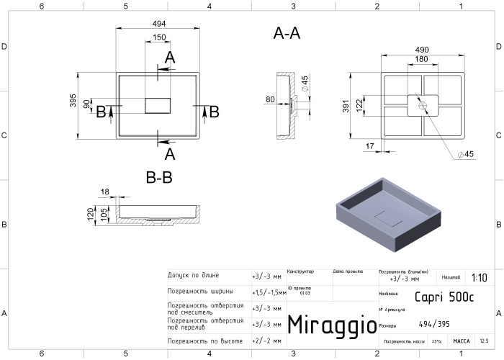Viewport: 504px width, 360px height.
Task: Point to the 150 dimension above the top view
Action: (x=159, y=37)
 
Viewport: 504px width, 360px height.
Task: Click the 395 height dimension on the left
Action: (x=73, y=102)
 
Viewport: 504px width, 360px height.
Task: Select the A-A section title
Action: (x=287, y=33)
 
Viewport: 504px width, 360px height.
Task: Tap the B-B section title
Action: (x=158, y=177)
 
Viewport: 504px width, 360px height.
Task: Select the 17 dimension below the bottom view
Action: (x=369, y=147)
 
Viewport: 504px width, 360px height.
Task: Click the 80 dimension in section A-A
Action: (x=270, y=99)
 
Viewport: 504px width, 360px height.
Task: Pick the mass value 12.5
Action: (x=483, y=341)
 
